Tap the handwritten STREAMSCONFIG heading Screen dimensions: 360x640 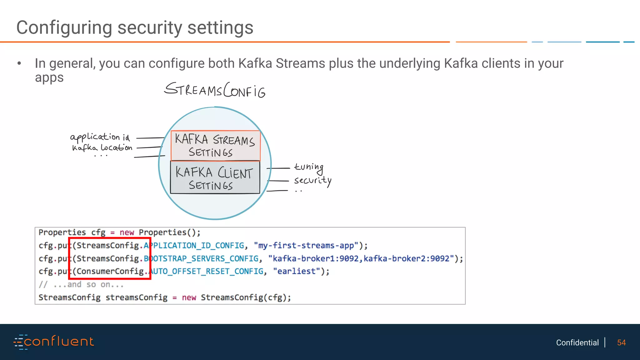[215, 90]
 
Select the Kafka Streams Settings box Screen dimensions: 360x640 [215, 146]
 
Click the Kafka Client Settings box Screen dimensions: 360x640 [215, 177]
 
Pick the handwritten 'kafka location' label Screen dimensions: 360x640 [102, 147]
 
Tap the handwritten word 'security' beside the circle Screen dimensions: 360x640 [312, 181]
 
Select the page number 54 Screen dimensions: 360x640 [621, 342]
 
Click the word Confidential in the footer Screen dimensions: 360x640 [577, 342]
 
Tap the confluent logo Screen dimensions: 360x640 [54, 342]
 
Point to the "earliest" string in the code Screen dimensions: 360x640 [297, 271]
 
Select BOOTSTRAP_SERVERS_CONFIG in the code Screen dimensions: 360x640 [201, 259]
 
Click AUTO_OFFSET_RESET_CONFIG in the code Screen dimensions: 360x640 [206, 271]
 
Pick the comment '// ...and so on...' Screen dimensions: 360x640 [81, 284]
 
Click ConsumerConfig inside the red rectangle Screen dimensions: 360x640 [110, 271]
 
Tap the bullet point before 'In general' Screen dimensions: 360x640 [19, 63]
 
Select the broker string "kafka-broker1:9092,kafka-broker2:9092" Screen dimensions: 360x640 [361, 259]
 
